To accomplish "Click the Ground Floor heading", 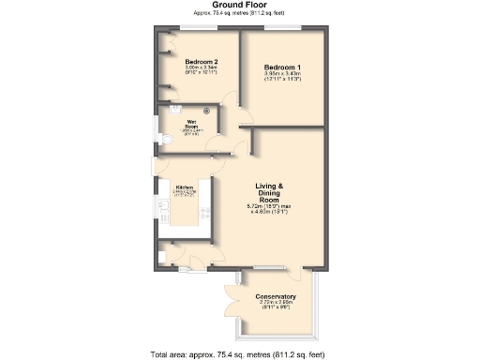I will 239,5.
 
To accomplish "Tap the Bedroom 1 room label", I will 282,68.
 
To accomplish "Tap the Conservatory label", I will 276,296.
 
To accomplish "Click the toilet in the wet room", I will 165,140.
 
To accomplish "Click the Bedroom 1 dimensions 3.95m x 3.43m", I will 282,77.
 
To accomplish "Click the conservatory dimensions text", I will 276,304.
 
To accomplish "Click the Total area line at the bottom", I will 238,353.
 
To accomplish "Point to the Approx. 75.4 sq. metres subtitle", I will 239,14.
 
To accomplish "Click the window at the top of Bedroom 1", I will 282,27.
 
